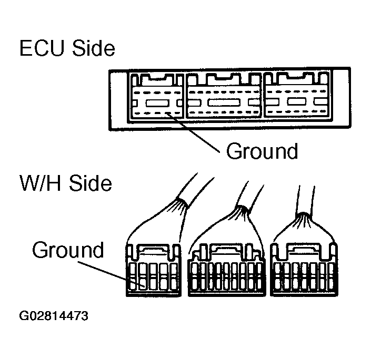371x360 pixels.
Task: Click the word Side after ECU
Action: (x=94, y=48)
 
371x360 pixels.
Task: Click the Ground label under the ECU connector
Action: (x=262, y=151)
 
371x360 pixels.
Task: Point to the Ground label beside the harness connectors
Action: (x=68, y=250)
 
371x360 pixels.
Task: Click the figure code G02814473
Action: (x=54, y=316)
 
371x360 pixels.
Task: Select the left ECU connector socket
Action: (x=156, y=97)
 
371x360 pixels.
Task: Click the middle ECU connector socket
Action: (x=224, y=97)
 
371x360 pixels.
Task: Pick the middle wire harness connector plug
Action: (x=227, y=270)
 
